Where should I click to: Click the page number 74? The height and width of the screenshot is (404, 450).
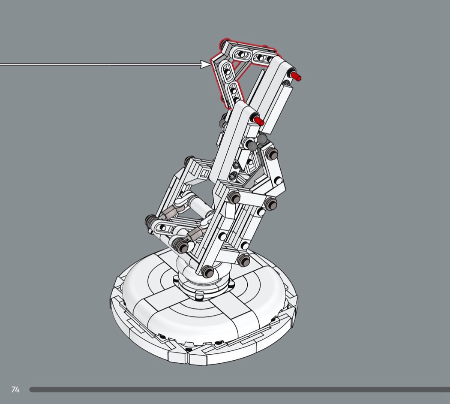15,389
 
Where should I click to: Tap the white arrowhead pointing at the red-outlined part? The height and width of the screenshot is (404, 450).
205,64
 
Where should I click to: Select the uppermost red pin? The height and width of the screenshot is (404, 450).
295,77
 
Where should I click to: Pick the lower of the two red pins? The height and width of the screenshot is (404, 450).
258,121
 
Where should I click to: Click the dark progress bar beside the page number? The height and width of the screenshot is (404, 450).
240,390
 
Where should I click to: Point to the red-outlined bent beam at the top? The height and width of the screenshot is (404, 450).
230,69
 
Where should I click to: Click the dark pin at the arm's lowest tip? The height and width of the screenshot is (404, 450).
207,271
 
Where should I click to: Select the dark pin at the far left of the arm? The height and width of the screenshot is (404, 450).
150,221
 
